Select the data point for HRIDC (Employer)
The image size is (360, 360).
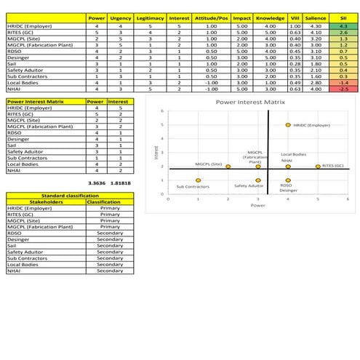click(x=288, y=125)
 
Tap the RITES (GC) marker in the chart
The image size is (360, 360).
click(x=318, y=167)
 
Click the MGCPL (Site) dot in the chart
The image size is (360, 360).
click(x=228, y=167)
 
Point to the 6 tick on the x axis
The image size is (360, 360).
click(x=348, y=198)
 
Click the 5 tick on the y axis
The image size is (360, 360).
click(x=163, y=125)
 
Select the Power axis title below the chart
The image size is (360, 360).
click(x=257, y=206)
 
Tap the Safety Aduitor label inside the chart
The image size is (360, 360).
click(x=249, y=186)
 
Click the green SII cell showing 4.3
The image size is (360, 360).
click(x=343, y=25)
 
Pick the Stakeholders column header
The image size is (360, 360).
click(x=44, y=201)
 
